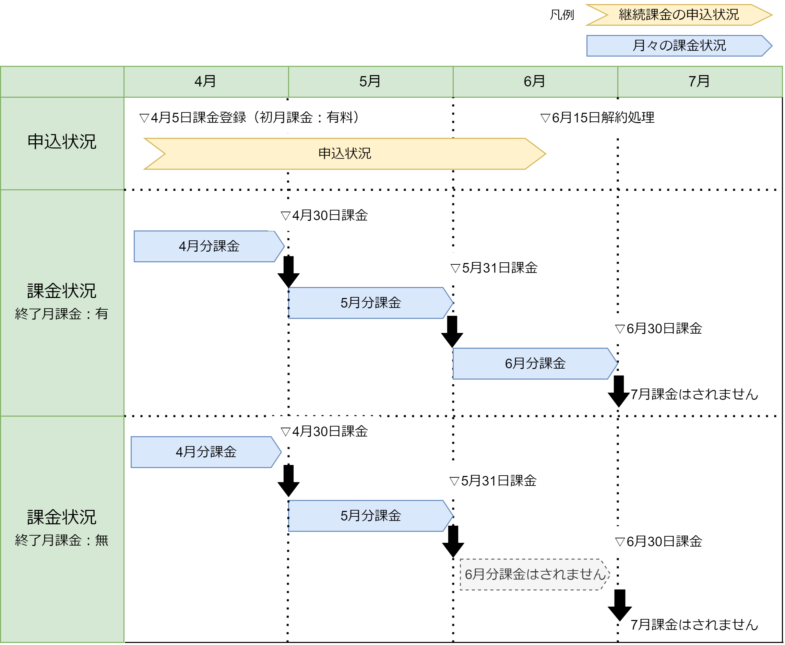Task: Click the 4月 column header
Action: (206, 81)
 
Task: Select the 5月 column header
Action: (370, 81)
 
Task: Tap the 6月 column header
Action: (535, 81)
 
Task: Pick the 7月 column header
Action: (700, 81)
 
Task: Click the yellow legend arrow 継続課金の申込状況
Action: (679, 15)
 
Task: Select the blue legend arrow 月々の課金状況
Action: (679, 46)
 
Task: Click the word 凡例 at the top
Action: (562, 15)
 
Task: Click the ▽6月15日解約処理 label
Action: (597, 118)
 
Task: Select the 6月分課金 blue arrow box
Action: (535, 364)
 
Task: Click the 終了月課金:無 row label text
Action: (62, 540)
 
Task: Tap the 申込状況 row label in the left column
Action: (62, 142)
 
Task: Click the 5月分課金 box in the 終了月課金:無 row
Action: (370, 516)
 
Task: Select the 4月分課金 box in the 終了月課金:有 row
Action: (209, 246)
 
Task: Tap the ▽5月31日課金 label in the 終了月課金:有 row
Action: (494, 268)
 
